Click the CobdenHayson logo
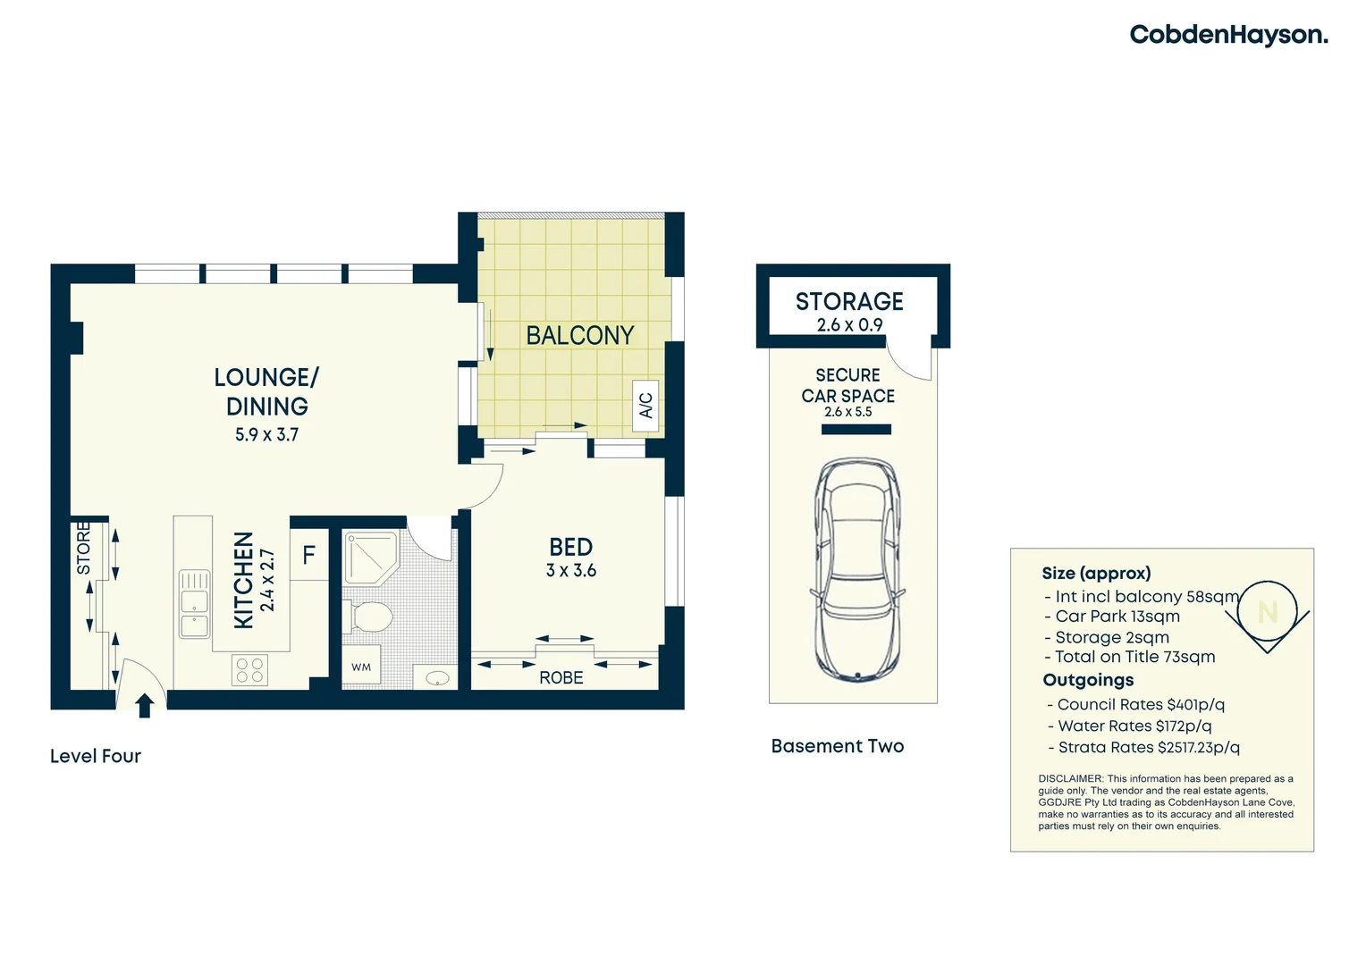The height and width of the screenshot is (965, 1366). [1227, 35]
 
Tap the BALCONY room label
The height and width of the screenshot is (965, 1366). [579, 335]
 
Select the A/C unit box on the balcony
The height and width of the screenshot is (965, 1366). [645, 406]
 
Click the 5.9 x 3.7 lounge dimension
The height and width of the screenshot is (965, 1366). [266, 435]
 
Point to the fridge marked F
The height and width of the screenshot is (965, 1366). [309, 556]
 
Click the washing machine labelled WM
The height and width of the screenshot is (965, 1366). [361, 667]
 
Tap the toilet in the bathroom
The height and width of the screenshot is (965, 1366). [369, 617]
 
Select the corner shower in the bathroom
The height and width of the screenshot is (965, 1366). [370, 558]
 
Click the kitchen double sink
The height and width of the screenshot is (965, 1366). [194, 604]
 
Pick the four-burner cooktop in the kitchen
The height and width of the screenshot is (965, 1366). [249, 670]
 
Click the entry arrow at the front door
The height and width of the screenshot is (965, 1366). [144, 705]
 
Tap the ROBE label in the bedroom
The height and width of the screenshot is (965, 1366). [561, 678]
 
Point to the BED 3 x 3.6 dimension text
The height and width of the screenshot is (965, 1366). [570, 571]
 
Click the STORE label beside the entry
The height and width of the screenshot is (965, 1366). [83, 549]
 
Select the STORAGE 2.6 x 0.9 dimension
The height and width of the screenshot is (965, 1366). [849, 325]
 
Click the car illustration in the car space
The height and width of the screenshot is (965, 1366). [856, 569]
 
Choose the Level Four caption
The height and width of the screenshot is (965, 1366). [96, 756]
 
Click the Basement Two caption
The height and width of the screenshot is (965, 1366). [837, 746]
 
